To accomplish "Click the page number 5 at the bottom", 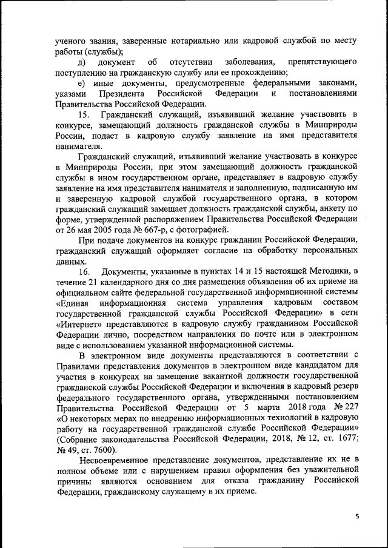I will click(358, 515).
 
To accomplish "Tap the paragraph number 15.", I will click(84, 115).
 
